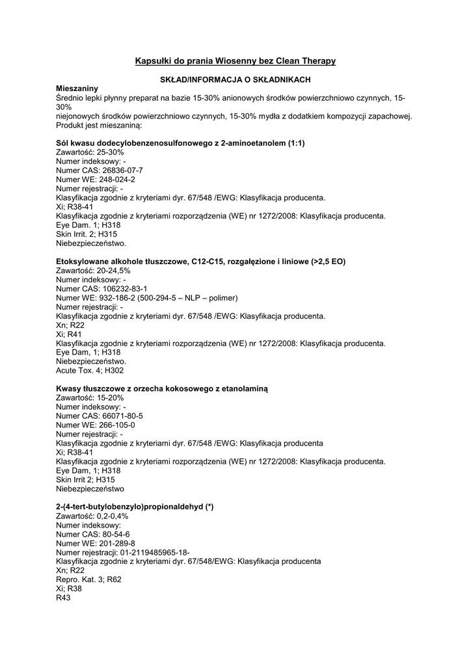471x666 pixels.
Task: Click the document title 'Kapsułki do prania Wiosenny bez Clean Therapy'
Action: pos(235,61)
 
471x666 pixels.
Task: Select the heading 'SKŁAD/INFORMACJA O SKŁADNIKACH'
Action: pos(235,79)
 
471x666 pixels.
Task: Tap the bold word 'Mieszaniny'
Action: pos(77,88)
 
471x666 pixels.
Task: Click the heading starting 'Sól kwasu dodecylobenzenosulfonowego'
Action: pos(181,142)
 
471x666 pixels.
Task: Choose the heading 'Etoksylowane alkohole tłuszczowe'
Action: pos(201,261)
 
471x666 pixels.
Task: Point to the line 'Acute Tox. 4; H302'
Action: pos(90,370)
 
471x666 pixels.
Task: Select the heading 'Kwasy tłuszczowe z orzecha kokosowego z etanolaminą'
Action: pos(162,388)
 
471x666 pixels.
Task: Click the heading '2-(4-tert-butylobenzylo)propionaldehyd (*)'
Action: pos(135,506)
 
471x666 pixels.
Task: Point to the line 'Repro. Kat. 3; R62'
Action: pos(88,579)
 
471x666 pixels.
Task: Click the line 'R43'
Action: pos(64,597)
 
